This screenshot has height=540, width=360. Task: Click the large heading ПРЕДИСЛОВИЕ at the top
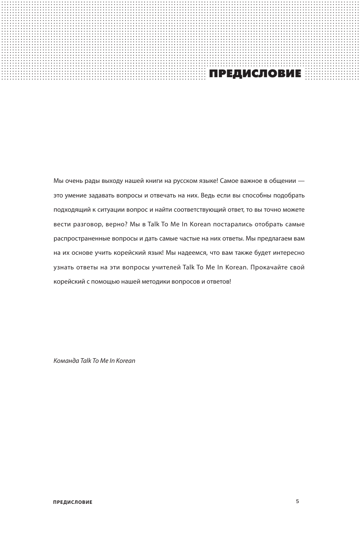(255, 74)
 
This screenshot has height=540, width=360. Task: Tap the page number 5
(297, 501)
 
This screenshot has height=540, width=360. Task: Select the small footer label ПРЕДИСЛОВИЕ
(73, 502)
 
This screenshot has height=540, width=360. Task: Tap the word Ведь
(207, 195)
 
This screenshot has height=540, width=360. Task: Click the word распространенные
(81, 239)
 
